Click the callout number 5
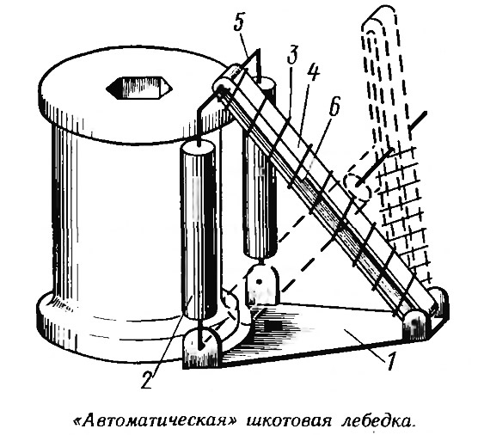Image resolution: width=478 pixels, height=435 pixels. [240, 21]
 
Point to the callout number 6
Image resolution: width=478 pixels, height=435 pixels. [334, 106]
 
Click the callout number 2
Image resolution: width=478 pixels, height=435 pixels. [147, 377]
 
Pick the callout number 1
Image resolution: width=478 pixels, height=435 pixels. [391, 359]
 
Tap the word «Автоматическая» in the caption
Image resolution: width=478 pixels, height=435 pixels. [156, 420]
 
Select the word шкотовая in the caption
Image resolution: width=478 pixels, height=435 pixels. [291, 421]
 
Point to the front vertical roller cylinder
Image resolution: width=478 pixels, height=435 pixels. [199, 230]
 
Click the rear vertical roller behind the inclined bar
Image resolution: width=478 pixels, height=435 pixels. [260, 171]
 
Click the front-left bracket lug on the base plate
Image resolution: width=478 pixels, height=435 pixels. [200, 347]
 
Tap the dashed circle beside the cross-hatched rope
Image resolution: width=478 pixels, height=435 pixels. [358, 186]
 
